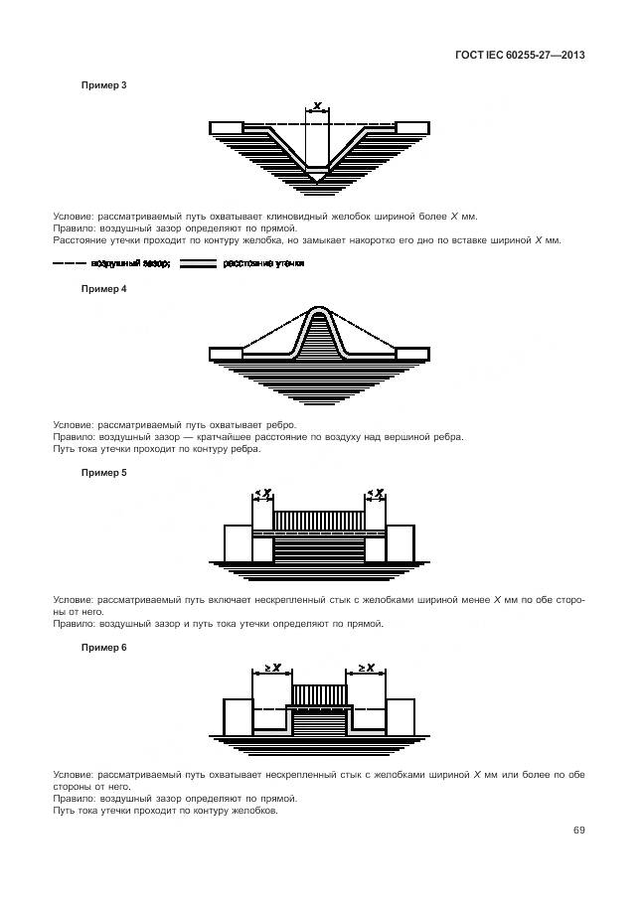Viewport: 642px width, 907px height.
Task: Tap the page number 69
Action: [x=577, y=831]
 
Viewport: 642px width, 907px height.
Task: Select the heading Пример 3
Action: [x=103, y=85]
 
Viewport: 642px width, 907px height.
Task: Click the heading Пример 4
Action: [x=103, y=289]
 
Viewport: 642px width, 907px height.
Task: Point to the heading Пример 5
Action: [x=103, y=473]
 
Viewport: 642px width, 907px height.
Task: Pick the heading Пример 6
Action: [x=103, y=647]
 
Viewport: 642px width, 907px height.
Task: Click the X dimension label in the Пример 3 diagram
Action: [x=316, y=105]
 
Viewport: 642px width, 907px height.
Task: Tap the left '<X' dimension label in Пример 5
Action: [x=262, y=493]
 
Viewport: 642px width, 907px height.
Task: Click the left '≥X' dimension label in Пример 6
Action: [x=272, y=668]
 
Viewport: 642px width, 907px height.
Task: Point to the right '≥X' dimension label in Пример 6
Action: [x=365, y=668]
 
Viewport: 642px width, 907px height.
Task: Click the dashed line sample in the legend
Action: [x=69, y=264]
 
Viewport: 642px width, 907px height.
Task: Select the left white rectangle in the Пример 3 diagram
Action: [x=226, y=127]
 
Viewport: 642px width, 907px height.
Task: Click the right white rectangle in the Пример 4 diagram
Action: [x=412, y=353]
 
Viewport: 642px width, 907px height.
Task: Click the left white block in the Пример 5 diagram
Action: [x=238, y=542]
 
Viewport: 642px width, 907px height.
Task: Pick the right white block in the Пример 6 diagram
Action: [x=400, y=716]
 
